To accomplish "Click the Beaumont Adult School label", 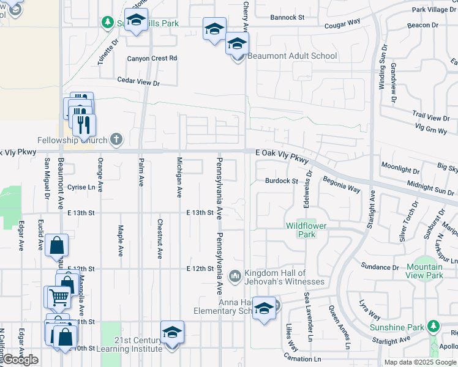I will click(292, 56).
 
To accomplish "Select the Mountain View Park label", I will click(424, 271).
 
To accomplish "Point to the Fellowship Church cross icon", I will click(116, 139).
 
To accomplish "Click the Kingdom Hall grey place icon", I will click(235, 277).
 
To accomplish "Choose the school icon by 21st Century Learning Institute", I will click(173, 332).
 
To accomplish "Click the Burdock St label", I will click(281, 181).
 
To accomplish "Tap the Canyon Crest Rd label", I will click(152, 59).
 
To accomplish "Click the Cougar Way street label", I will click(343, 22).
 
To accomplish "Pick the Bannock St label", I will click(287, 18).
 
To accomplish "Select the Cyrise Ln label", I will click(81, 187).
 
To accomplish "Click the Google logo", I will click(20, 360).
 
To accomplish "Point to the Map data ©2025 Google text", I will click(420, 362).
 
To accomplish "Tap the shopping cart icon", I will click(58, 298).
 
